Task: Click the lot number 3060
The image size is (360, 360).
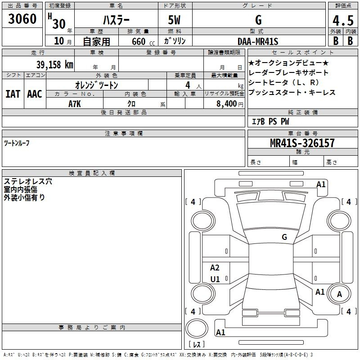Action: tap(22, 18)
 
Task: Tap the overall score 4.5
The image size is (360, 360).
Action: tap(343, 20)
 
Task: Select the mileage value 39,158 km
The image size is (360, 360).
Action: tap(54, 64)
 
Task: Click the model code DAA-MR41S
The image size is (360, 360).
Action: tap(258, 41)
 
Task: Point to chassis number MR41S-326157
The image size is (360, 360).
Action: tap(302, 143)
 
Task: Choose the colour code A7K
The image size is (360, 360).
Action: tap(75, 104)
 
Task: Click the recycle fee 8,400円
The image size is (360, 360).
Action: tap(230, 104)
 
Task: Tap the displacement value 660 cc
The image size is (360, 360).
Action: tap(143, 41)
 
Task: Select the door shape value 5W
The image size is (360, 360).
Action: tap(174, 20)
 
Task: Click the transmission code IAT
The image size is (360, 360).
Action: tap(13, 94)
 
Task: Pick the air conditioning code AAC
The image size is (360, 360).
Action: tap(35, 94)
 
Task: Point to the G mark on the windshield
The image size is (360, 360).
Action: tap(284, 237)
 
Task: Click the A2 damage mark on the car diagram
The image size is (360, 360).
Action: tap(215, 267)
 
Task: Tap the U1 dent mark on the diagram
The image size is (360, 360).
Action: tap(215, 279)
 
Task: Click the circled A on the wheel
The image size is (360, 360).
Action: tap(339, 294)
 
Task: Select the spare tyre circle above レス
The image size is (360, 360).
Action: tap(197, 328)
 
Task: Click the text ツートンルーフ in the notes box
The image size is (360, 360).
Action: tap(17, 143)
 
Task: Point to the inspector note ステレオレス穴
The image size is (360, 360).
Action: tap(28, 181)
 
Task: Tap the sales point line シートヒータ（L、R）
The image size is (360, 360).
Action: tap(283, 82)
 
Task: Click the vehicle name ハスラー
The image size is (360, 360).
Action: tap(116, 20)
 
